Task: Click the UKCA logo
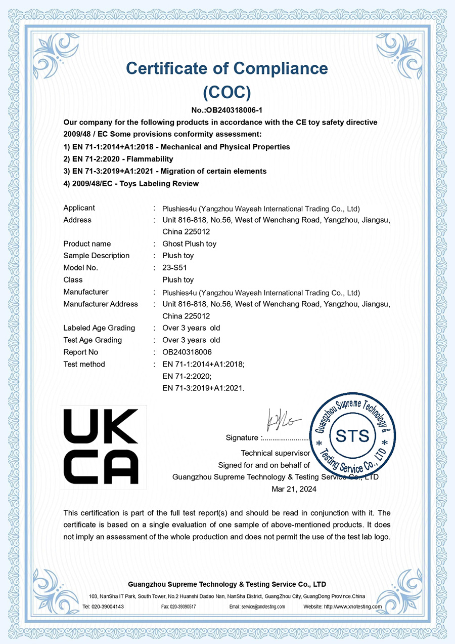click(x=104, y=447)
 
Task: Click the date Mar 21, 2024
click(x=294, y=489)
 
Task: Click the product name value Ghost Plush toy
click(x=189, y=244)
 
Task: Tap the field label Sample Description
click(x=96, y=256)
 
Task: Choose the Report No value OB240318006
click(x=187, y=352)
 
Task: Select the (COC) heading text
click(x=227, y=92)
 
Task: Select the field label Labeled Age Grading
click(x=99, y=328)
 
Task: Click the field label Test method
click(x=84, y=364)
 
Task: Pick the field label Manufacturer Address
click(x=101, y=304)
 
